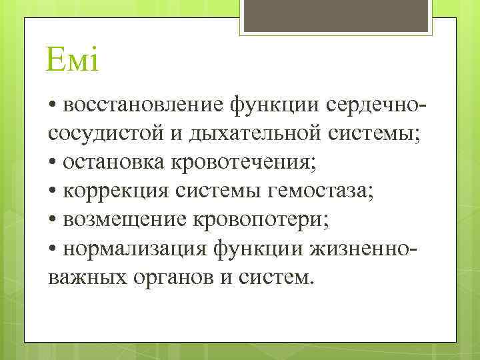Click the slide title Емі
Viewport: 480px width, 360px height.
point(73,62)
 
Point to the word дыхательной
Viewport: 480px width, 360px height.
point(253,134)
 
